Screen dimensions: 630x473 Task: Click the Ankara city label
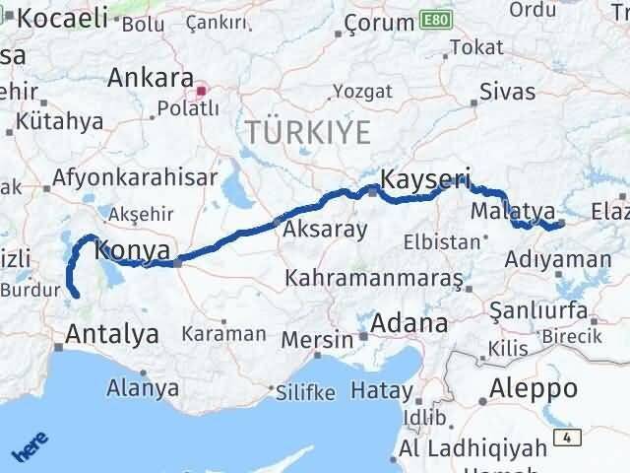pyautogui.click(x=150, y=78)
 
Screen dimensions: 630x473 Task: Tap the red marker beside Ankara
pyautogui.click(x=202, y=92)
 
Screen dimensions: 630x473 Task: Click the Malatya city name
pyautogui.click(x=514, y=212)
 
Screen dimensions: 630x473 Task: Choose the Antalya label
pyautogui.click(x=111, y=334)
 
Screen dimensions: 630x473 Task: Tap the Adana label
pyautogui.click(x=409, y=323)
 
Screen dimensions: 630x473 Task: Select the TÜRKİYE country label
pyautogui.click(x=308, y=131)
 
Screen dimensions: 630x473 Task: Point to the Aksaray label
pyautogui.click(x=325, y=230)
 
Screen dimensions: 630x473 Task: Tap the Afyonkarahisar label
pyautogui.click(x=135, y=178)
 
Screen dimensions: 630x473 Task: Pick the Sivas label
pyautogui.click(x=508, y=92)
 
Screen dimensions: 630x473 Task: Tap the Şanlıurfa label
pyautogui.click(x=542, y=311)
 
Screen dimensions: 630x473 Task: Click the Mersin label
pyautogui.click(x=317, y=339)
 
